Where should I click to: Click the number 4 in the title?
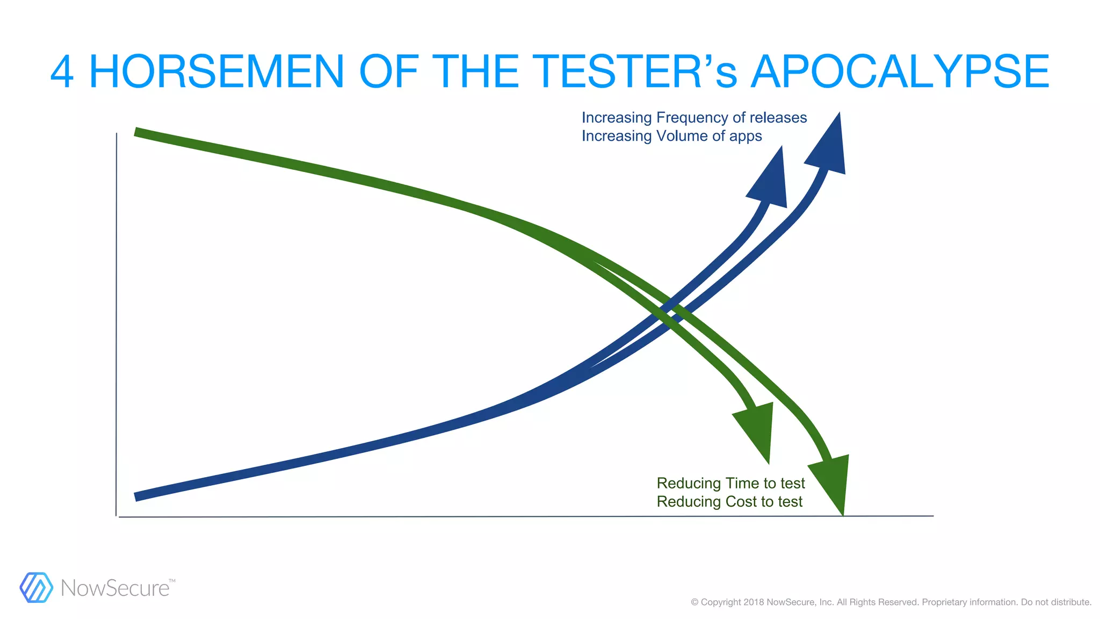[x=62, y=72]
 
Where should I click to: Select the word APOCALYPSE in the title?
[x=900, y=72]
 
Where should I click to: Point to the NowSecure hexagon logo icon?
[x=36, y=587]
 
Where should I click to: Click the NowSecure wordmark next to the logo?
[x=115, y=588]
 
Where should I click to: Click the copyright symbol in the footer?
[x=694, y=602]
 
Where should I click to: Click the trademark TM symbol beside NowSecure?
[x=172, y=581]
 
